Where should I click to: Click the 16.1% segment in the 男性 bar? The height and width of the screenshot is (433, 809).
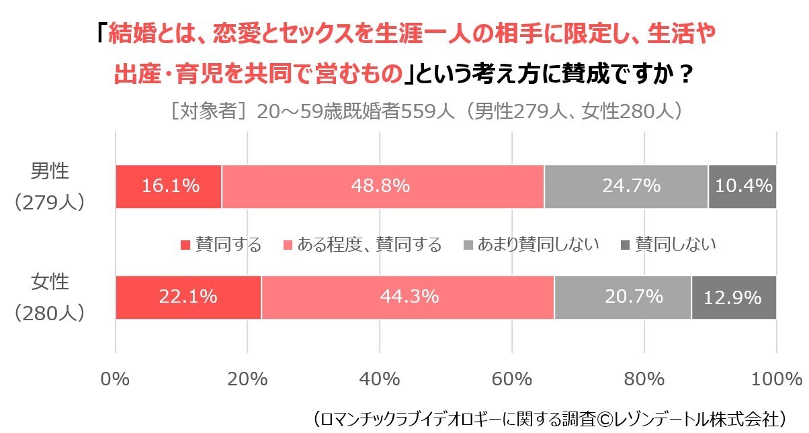[169, 187]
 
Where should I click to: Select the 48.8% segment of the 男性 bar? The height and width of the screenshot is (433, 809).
[382, 187]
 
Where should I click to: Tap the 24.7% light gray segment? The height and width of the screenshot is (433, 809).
[626, 187]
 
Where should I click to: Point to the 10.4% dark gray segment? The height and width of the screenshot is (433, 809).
[742, 187]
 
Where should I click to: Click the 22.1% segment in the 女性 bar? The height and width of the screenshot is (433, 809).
[188, 297]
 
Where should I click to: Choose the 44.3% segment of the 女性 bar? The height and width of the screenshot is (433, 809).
[408, 297]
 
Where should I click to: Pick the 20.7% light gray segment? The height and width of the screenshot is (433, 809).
[623, 297]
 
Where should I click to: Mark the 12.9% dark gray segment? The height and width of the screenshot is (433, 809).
[734, 297]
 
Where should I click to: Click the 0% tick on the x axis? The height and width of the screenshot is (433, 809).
[115, 379]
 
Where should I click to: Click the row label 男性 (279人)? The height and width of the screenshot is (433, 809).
[50, 187]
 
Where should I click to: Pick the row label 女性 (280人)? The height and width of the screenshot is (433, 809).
[50, 297]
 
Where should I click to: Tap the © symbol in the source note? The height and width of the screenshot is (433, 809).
[605, 420]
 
